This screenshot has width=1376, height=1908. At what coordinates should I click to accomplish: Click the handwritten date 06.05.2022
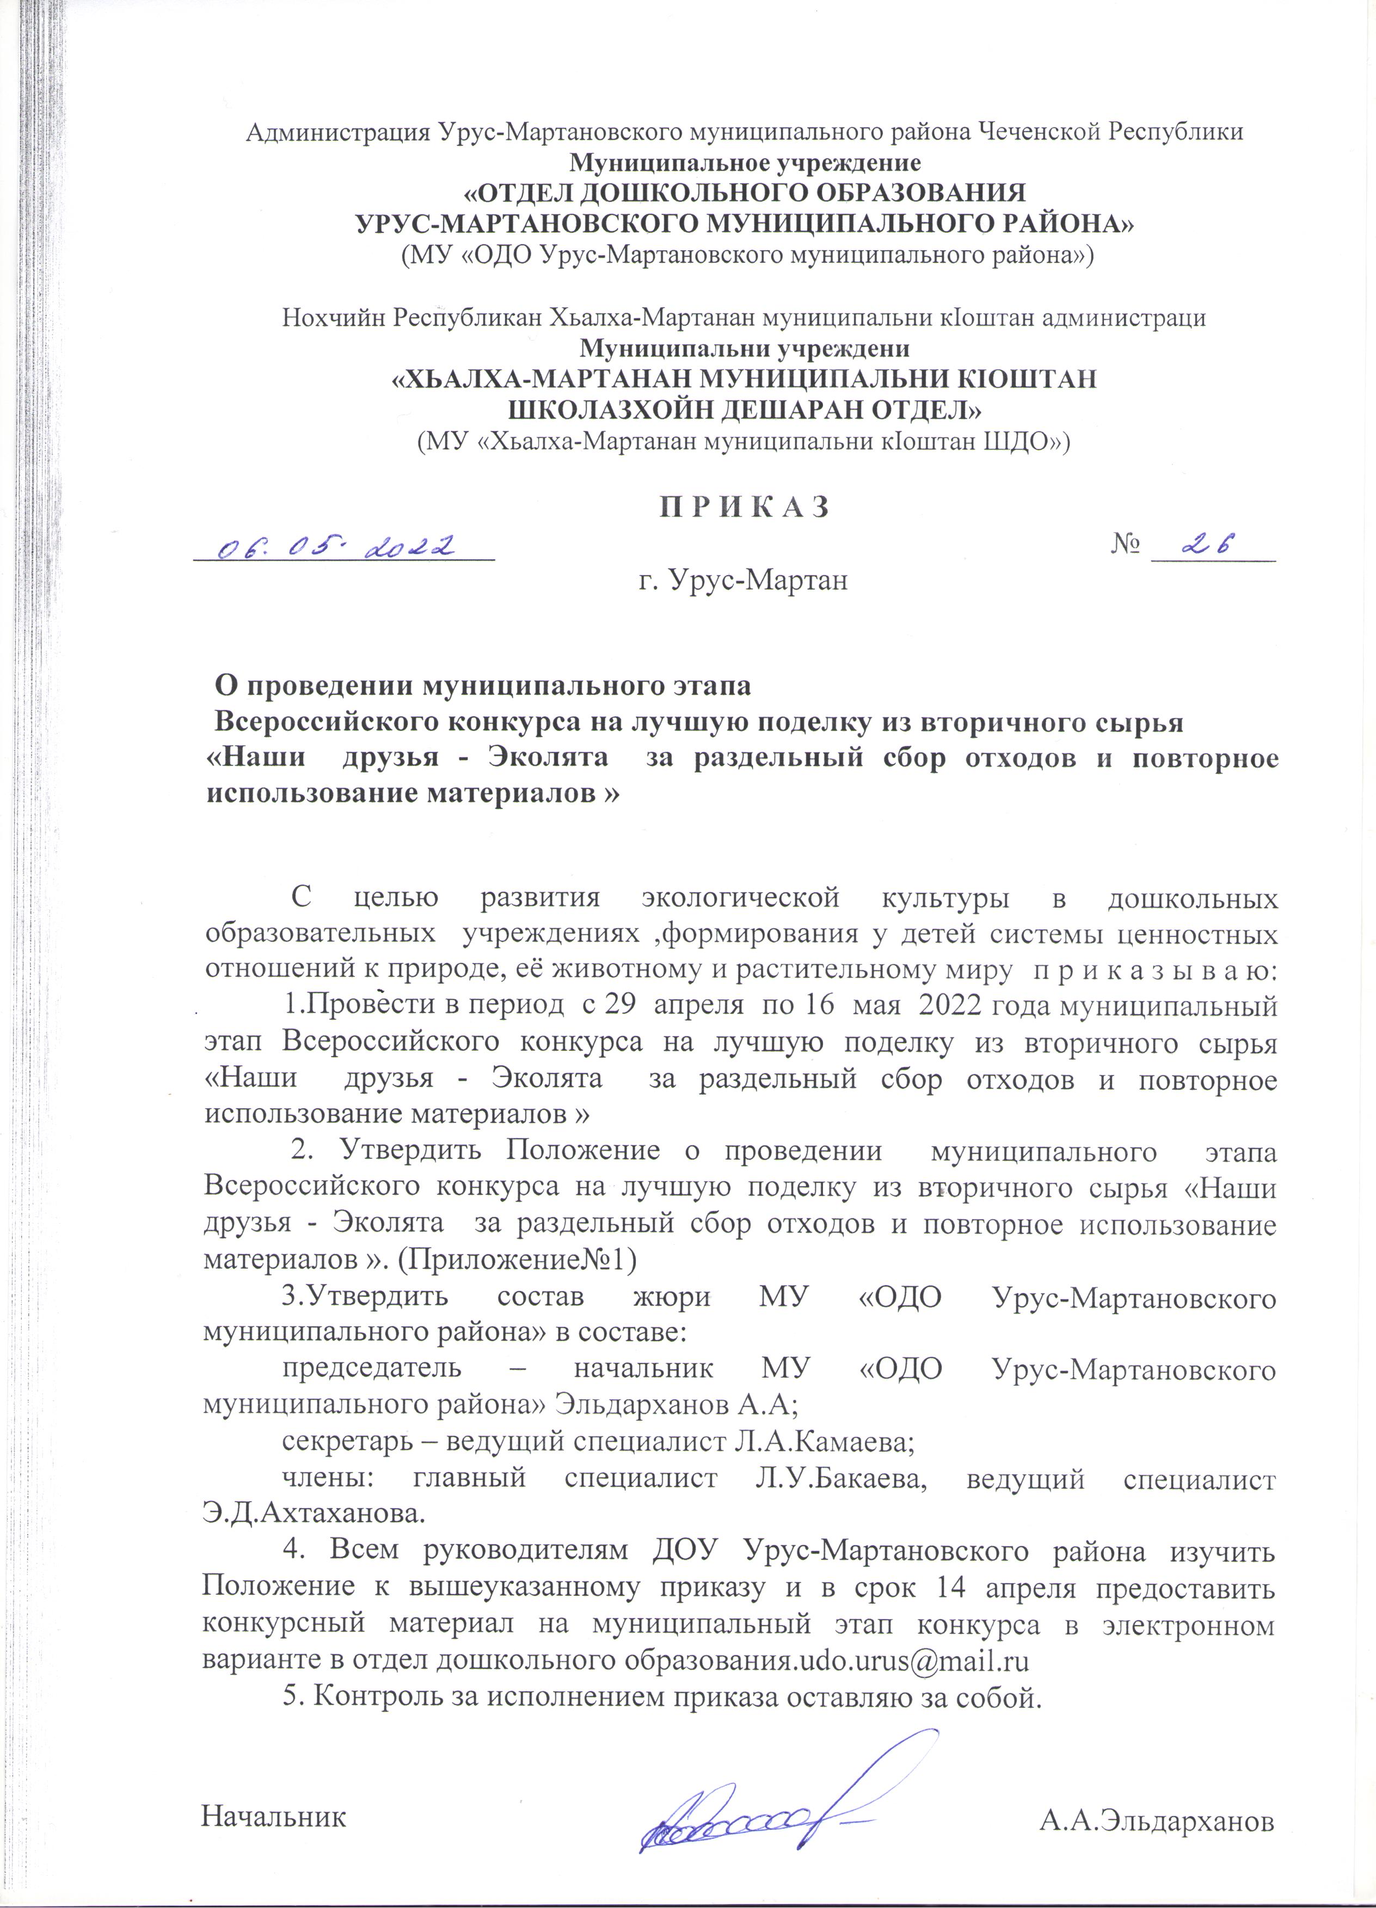pyautogui.click(x=336, y=548)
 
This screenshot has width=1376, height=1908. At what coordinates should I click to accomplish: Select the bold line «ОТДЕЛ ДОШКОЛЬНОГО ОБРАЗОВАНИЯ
pyautogui.click(x=745, y=193)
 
